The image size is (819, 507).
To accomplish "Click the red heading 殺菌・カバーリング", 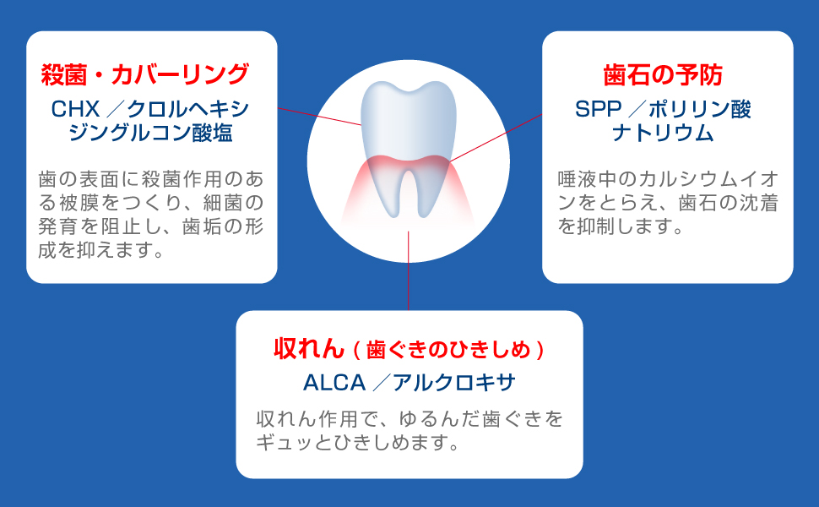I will point(144,74).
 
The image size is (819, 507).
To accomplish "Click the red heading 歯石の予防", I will point(663,74).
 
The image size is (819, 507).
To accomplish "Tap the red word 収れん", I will point(309,347).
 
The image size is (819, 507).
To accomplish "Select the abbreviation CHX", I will point(76,110).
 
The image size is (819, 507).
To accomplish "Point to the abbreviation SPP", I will point(597,109).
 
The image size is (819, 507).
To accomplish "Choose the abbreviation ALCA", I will point(334,383).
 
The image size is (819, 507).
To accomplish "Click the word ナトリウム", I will point(663,134).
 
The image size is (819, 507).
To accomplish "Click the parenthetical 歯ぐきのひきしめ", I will point(447,348).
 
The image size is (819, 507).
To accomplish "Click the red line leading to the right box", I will point(498,137).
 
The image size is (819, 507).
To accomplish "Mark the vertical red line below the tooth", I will point(409,270).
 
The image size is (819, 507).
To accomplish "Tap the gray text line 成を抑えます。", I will point(100,251).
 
